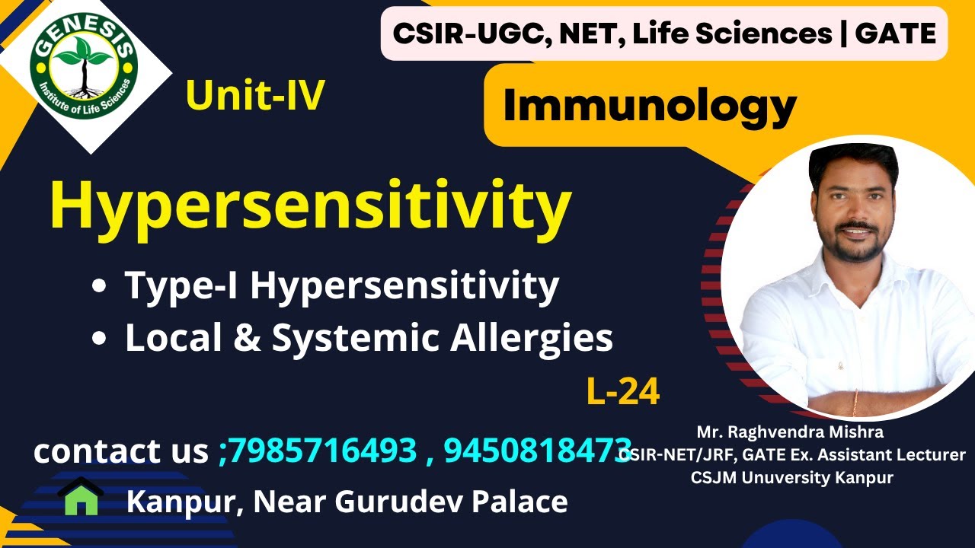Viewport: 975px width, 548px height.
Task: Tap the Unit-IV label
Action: pyautogui.click(x=255, y=97)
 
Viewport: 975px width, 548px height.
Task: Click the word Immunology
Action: pyautogui.click(x=649, y=106)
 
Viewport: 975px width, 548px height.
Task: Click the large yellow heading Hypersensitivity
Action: pyautogui.click(x=310, y=205)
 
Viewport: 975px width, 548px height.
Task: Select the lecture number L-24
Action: pyautogui.click(x=623, y=392)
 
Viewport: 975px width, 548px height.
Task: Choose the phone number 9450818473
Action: pyautogui.click(x=537, y=451)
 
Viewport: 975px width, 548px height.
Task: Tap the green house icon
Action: pyautogui.click(x=81, y=499)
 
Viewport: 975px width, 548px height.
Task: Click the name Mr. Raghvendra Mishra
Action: pyautogui.click(x=790, y=432)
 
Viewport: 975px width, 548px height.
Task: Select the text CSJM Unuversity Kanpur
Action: pyautogui.click(x=791, y=478)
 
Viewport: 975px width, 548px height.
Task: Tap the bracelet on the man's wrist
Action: pyautogui.click(x=855, y=401)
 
